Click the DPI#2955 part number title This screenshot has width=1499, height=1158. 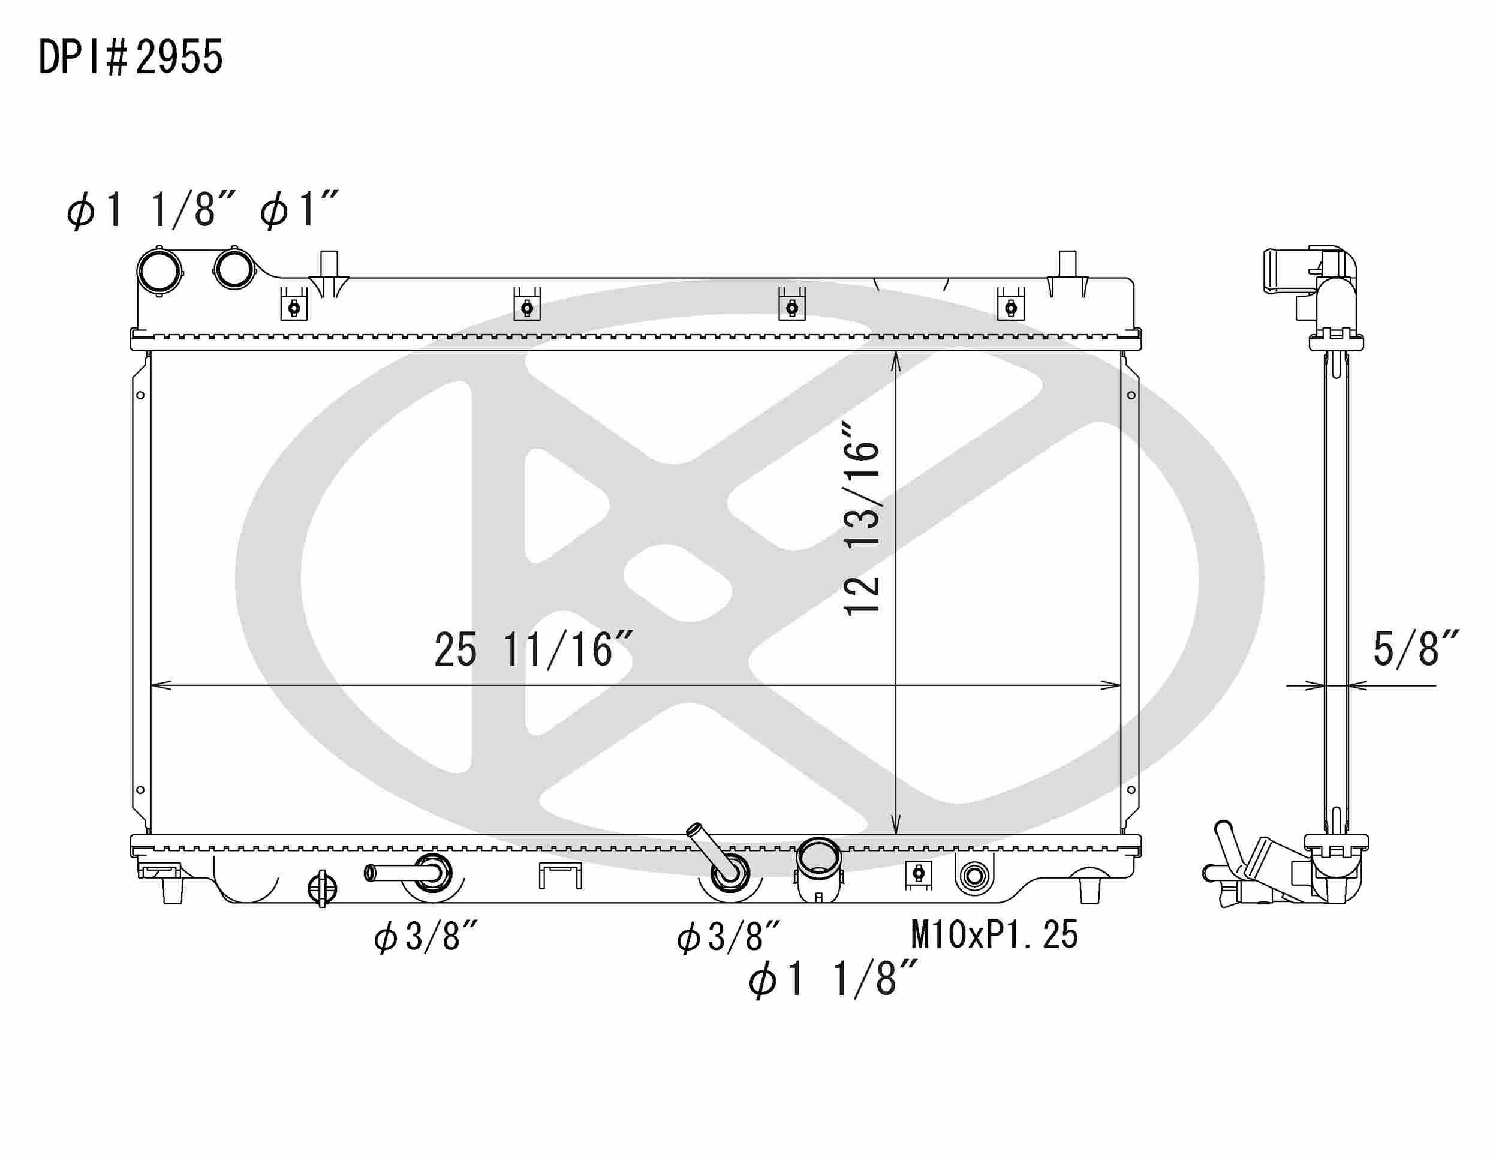130,57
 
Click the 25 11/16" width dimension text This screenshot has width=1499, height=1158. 532,650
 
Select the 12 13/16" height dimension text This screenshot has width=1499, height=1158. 862,519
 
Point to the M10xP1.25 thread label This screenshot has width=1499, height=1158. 995,934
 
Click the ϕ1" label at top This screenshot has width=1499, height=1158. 299,210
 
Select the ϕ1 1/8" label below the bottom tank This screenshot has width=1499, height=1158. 832,979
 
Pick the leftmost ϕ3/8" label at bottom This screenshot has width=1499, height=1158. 426,936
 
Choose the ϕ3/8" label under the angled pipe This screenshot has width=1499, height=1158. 729,936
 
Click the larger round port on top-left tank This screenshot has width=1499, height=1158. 159,271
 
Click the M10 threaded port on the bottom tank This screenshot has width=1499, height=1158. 974,876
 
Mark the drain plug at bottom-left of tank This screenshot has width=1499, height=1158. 322,888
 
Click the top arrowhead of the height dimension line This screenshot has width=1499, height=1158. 896,360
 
